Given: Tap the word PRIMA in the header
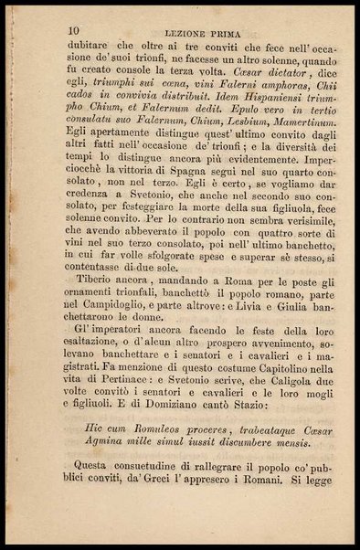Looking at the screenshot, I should click(224, 33).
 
